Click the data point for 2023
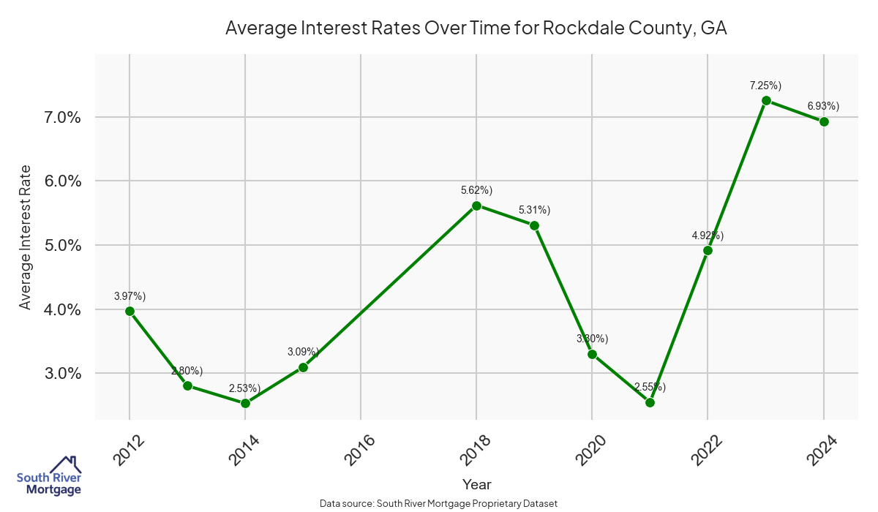[766, 100]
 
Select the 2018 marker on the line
[476, 206]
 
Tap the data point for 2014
[245, 403]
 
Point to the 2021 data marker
[650, 402]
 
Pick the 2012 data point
[130, 311]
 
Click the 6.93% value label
[823, 106]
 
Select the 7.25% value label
[765, 86]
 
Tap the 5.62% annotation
[476, 190]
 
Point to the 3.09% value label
[303, 352]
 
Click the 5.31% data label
[534, 210]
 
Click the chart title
[476, 29]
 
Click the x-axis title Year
[476, 484]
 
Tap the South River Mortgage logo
[49, 476]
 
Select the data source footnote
[439, 503]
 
